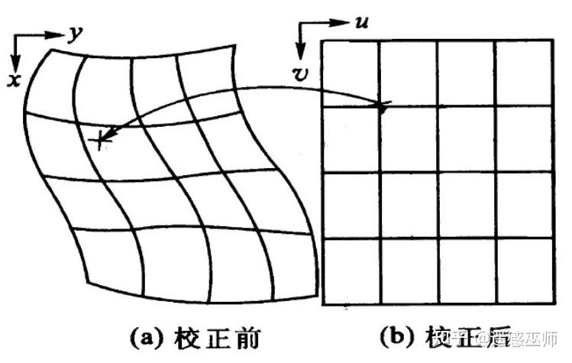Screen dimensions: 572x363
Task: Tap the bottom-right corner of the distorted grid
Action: tap(314, 293)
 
